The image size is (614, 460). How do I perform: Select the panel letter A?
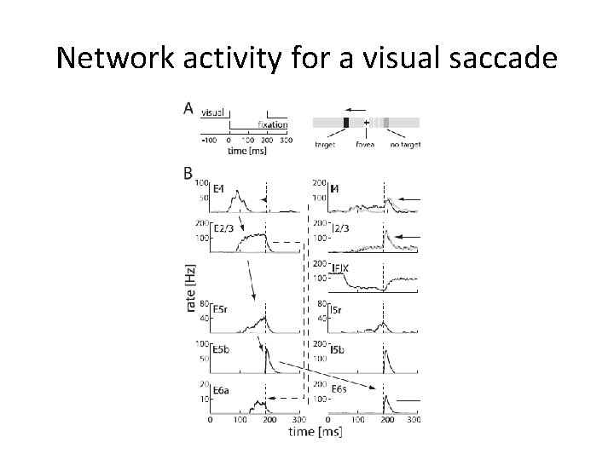[x=188, y=108]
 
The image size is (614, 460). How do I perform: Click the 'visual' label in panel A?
[x=211, y=112]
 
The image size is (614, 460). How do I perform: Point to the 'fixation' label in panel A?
[x=273, y=125]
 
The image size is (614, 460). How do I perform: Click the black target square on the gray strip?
[x=345, y=123]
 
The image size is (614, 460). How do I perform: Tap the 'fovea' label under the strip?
[x=367, y=144]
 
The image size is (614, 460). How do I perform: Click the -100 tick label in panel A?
[x=208, y=140]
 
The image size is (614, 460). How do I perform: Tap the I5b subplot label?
[x=337, y=349]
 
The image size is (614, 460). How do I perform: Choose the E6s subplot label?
[x=339, y=389]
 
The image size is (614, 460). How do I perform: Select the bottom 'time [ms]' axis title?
[x=312, y=433]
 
